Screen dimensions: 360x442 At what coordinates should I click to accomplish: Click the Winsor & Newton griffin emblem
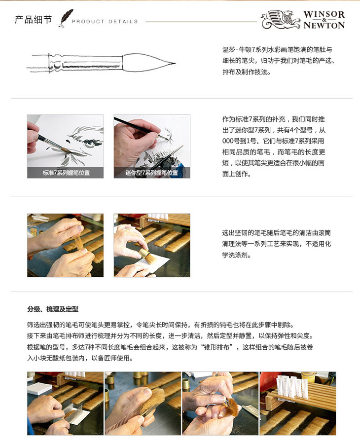click(281, 19)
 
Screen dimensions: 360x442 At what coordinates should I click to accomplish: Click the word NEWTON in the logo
click(324, 25)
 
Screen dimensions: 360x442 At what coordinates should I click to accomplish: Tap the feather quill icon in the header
click(66, 19)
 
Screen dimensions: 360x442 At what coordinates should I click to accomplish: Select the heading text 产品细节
click(33, 20)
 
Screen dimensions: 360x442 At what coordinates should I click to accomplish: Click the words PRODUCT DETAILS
click(105, 21)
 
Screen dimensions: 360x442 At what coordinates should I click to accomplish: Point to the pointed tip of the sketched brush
click(175, 63)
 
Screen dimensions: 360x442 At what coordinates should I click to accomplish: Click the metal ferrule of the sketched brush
click(86, 63)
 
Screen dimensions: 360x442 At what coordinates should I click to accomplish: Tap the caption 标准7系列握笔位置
click(66, 173)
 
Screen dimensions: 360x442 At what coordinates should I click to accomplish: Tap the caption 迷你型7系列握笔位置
click(151, 173)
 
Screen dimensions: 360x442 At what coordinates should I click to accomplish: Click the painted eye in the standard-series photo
click(90, 144)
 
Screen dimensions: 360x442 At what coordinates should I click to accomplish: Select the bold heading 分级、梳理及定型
click(53, 309)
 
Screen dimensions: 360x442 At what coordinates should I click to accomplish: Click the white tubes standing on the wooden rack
click(292, 385)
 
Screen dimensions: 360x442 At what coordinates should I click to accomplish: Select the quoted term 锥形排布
click(217, 347)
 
